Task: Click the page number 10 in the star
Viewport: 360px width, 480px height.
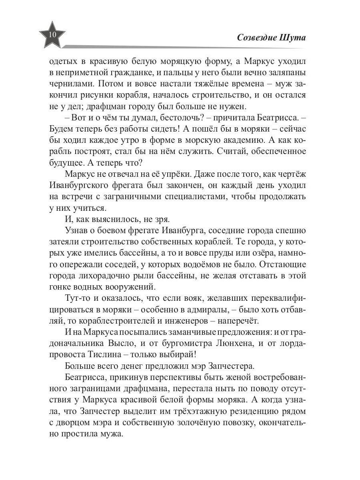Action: (x=52, y=34)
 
